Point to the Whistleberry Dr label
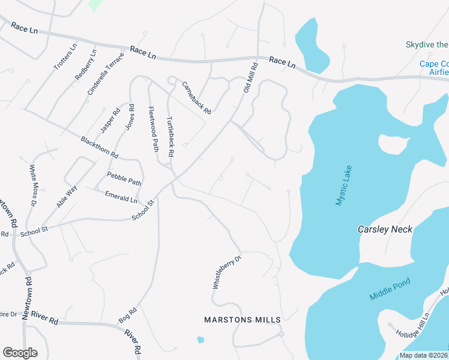226,272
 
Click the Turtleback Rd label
170,137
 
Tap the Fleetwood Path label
154,128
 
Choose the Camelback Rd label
197,98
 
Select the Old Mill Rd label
250,77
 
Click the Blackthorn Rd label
99,148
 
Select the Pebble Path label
124,179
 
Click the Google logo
20,353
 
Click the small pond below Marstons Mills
200,340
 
